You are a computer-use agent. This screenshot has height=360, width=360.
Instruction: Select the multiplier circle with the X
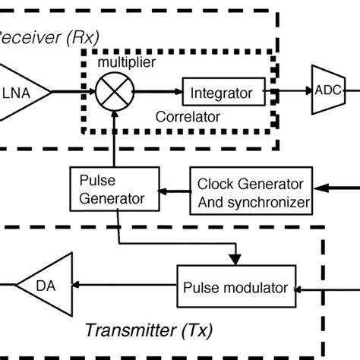pos(112,93)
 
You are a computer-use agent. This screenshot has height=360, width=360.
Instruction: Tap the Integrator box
pos(222,93)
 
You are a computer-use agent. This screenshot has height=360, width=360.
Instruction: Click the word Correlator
pos(186,118)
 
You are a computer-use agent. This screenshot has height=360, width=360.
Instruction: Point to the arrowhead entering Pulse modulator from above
pos(237,258)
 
